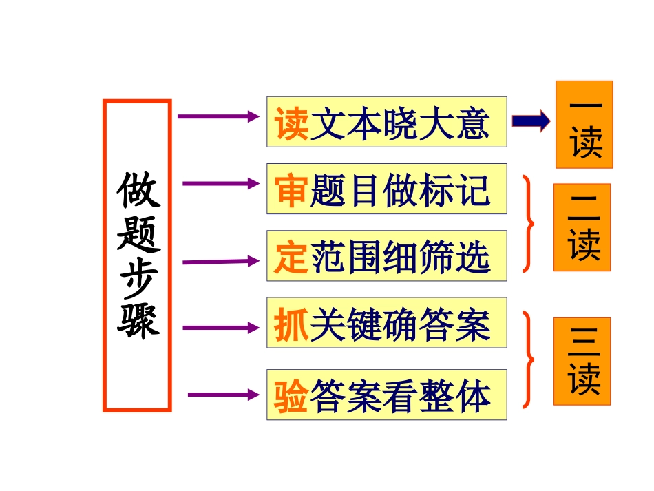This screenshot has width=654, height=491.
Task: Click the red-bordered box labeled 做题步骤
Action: (x=137, y=255)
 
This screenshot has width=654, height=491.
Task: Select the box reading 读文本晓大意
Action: (x=386, y=122)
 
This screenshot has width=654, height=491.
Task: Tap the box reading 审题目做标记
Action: (x=386, y=189)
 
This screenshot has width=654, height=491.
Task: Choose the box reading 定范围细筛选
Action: (x=386, y=256)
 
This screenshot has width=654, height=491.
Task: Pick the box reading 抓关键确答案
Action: (x=386, y=323)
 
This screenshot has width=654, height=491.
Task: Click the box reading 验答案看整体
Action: (x=386, y=395)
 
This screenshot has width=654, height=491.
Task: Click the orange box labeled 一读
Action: (x=584, y=125)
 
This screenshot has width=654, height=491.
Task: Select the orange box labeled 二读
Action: (x=582, y=227)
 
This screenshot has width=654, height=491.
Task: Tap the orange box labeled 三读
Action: (x=582, y=361)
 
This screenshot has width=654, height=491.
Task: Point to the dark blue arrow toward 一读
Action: (x=531, y=122)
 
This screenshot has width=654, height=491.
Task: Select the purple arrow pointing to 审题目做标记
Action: (x=220, y=183)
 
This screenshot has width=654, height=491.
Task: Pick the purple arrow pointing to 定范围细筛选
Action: (x=220, y=262)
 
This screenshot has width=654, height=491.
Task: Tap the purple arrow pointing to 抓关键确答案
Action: (x=220, y=327)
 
